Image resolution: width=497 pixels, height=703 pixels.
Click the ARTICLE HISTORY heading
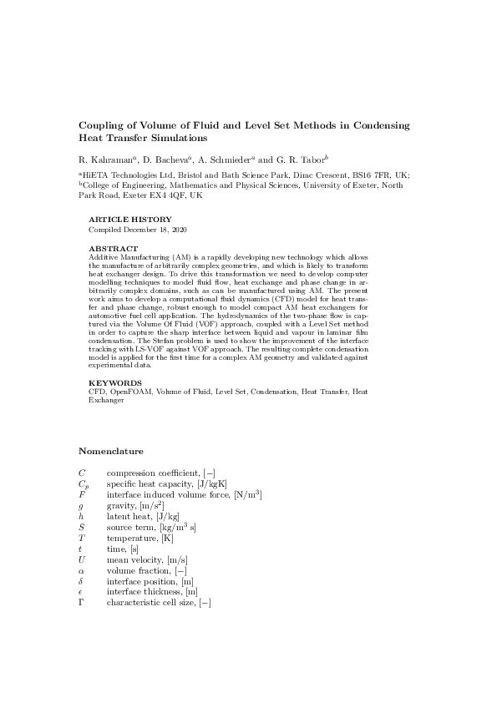[x=129, y=219]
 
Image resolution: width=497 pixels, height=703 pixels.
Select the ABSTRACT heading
[x=113, y=249]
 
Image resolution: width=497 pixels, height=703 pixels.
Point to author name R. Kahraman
[x=103, y=159]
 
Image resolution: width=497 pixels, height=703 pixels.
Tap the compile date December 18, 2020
[x=159, y=229]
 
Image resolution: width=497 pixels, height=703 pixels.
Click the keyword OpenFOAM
[x=131, y=391]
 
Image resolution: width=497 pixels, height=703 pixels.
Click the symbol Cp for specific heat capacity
[x=83, y=484]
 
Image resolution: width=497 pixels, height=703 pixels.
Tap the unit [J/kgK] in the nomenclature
[x=210, y=483]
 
